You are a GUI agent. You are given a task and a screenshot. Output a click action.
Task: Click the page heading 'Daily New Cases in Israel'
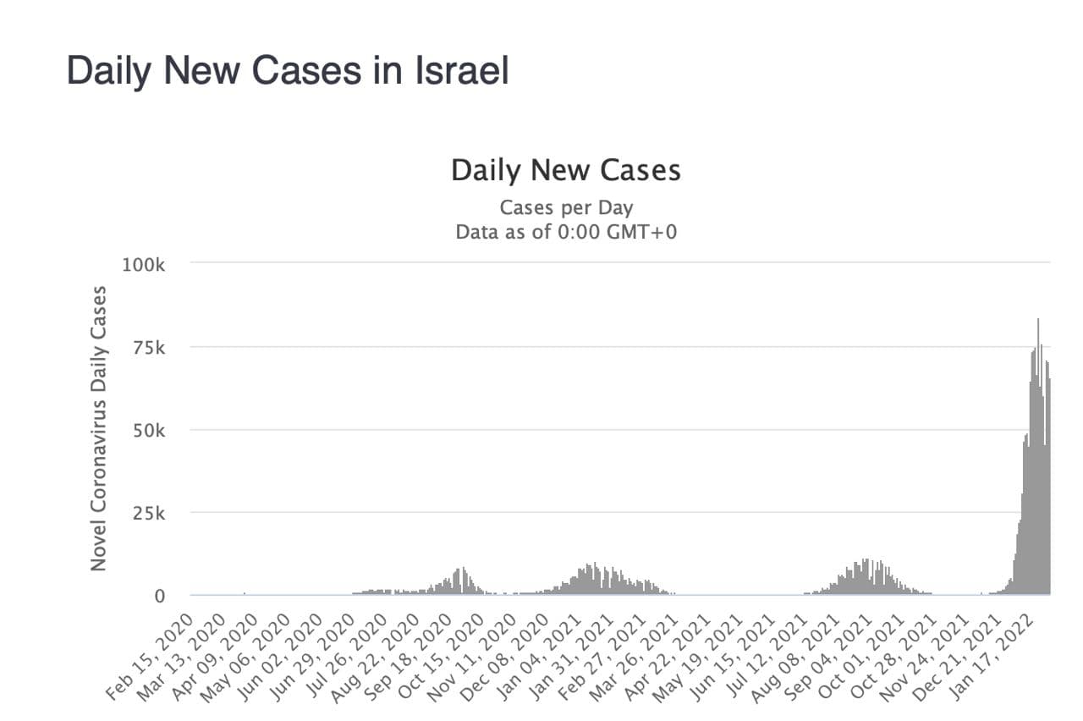tap(288, 71)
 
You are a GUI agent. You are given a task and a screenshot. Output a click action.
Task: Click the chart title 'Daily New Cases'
tap(565, 170)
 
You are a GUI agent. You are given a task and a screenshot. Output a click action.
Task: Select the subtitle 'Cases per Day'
tap(566, 207)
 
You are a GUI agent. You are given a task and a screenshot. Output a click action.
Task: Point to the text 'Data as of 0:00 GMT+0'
tap(566, 232)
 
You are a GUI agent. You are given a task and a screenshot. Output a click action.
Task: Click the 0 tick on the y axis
tap(159, 597)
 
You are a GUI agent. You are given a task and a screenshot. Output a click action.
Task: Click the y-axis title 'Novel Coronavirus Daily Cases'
tap(99, 428)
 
